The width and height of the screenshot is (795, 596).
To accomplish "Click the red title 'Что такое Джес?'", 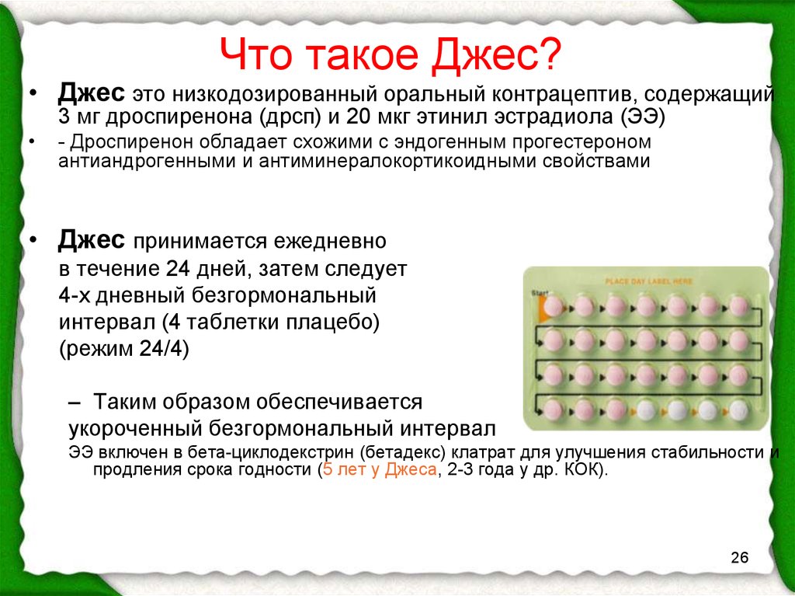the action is tap(391, 54).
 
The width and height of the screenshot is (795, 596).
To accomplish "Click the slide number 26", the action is tap(740, 557).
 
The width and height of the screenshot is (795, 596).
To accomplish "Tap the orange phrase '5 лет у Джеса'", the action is tap(379, 469).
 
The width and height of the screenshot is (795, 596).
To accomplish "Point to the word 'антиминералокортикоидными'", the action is tap(398, 162).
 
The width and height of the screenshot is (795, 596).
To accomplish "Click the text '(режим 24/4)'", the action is tap(125, 349).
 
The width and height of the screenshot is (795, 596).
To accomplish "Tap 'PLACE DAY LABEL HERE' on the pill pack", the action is tap(648, 281).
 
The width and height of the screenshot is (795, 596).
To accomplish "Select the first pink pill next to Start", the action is tap(554, 306).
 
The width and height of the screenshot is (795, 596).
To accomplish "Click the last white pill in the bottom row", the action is tap(739, 410).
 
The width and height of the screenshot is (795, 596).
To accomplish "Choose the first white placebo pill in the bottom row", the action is tap(646, 410).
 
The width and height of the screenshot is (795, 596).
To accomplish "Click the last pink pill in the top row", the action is tap(739, 305).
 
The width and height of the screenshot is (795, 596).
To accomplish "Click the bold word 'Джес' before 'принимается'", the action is tap(92, 239).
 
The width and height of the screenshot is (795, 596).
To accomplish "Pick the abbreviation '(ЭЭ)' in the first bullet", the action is tap(641, 117).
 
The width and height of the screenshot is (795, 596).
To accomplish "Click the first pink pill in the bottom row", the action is tap(553, 410).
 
